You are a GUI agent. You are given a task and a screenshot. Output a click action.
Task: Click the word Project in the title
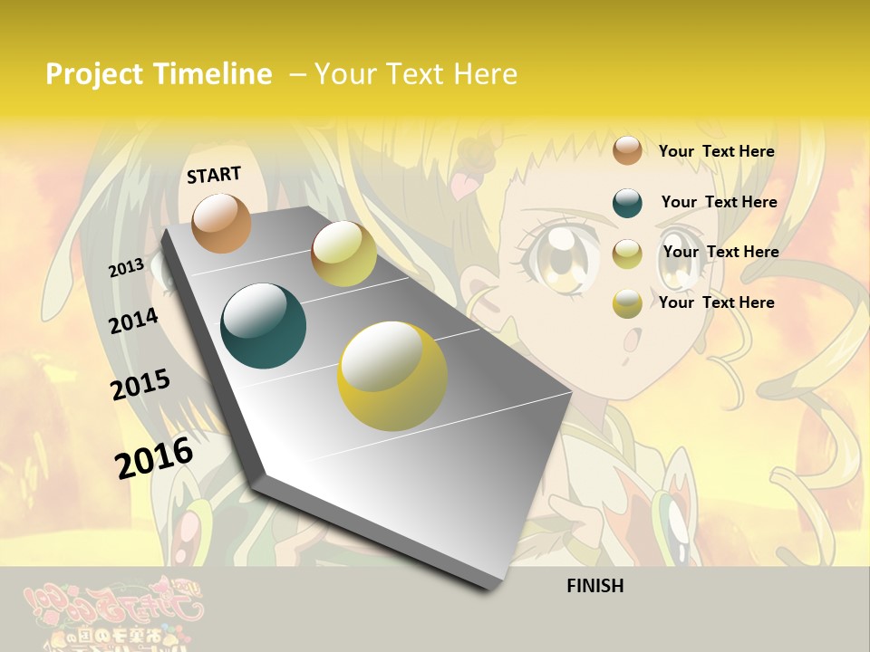(94, 74)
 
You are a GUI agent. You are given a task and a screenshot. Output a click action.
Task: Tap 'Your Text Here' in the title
(415, 74)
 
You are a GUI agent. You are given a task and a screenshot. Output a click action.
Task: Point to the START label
(214, 175)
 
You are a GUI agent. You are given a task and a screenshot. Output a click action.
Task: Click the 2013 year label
(126, 267)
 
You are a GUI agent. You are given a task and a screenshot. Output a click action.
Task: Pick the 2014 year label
(133, 321)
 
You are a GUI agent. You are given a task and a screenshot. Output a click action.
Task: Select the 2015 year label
(140, 384)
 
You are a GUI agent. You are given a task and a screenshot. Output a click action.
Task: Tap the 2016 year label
(154, 457)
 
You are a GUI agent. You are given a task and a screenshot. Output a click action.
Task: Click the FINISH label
(594, 586)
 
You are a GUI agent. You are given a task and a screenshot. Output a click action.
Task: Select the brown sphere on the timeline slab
(222, 223)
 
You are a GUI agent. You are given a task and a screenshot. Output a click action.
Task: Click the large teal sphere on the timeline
(263, 325)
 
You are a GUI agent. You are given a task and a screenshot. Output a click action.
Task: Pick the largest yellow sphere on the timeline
(391, 376)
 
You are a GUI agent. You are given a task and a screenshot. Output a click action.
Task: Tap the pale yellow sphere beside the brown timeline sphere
(343, 254)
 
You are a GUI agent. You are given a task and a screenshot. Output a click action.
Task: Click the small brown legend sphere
(627, 150)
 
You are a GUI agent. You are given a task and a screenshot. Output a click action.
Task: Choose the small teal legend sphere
(627, 203)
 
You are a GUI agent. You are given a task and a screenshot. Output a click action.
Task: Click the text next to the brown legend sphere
(716, 151)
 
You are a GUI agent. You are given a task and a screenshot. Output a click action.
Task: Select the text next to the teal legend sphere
(719, 202)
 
